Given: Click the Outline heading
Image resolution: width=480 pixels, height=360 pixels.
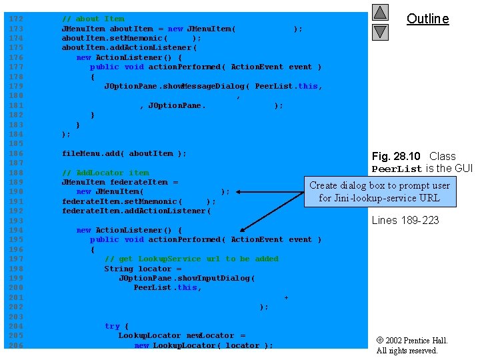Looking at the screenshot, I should tap(427, 19).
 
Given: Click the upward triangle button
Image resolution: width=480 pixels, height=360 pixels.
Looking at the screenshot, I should tap(379, 13).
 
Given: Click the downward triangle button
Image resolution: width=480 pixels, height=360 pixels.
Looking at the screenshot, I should tap(379, 31).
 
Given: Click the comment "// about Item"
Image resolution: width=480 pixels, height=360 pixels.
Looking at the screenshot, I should tap(93, 19).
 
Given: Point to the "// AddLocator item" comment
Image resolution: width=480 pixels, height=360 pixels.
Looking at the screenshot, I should tap(105, 173).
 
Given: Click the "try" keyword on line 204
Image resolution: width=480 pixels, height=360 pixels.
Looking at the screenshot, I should tap(112, 326).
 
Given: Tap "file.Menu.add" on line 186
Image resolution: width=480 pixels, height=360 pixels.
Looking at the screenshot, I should tap(92, 153).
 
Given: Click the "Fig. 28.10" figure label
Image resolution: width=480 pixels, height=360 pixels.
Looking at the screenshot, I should tap(396, 157).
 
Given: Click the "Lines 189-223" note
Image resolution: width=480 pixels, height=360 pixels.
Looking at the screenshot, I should tap(405, 220).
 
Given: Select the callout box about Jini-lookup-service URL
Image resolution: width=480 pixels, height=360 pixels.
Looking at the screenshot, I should tap(380, 191).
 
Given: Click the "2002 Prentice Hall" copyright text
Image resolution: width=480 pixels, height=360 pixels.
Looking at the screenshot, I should tap(415, 341).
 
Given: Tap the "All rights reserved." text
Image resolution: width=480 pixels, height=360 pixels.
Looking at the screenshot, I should tap(407, 351).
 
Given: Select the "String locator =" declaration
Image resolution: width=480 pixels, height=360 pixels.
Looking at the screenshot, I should tap(142, 269).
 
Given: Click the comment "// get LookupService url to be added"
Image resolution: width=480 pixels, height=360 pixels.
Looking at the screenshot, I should tap(191, 259).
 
